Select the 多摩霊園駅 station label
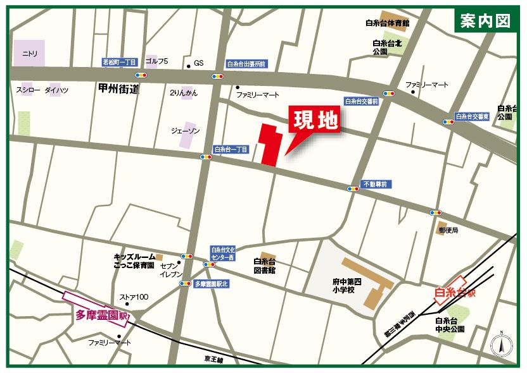tap(103, 314)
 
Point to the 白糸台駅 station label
tap(455, 292)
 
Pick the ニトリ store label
tap(30, 53)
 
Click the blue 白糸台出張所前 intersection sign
tap(247, 64)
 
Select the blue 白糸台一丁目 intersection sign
tap(232, 150)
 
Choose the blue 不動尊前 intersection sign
tap(378, 184)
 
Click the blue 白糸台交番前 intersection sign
tap(362, 101)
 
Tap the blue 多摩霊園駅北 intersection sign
tap(211, 284)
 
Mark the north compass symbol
tap(500, 345)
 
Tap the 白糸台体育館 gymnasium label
tap(388, 23)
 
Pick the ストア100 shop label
tap(134, 297)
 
